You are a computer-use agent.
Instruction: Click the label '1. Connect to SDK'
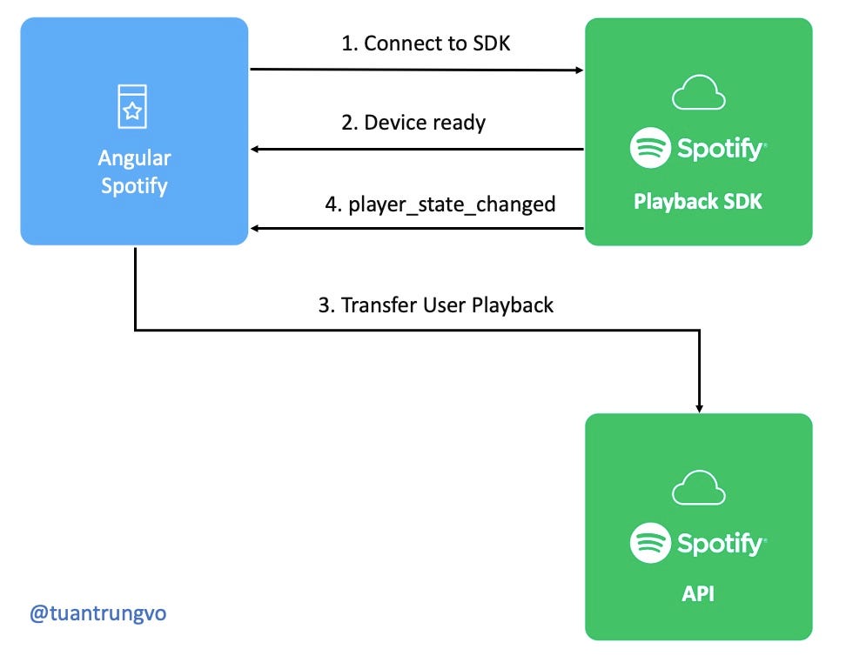(x=426, y=44)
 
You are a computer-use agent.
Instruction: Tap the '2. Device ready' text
(x=413, y=122)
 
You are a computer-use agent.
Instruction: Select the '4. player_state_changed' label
(x=440, y=204)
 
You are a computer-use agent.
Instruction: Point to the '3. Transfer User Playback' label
(x=435, y=305)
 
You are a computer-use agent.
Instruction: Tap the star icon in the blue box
(x=133, y=110)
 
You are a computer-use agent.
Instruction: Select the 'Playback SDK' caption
(x=698, y=202)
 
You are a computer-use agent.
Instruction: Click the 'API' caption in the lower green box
(x=698, y=595)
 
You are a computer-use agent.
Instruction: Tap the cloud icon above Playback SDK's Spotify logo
(x=698, y=93)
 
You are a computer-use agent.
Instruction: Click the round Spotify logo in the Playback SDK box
(x=650, y=149)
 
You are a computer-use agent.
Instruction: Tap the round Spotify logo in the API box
(x=650, y=543)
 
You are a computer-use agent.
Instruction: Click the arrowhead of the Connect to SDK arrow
(x=578, y=70)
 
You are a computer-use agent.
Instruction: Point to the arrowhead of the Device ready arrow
(x=257, y=150)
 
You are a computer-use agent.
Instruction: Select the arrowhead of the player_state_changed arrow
(x=257, y=230)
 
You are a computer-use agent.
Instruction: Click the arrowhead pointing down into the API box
(x=699, y=406)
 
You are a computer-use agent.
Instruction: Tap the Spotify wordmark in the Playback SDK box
(x=721, y=150)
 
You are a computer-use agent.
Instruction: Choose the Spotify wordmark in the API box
(x=721, y=544)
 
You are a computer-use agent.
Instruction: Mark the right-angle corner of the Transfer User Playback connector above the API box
(x=699, y=330)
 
